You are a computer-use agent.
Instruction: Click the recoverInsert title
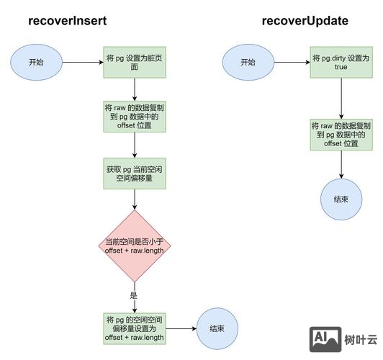point(68,20)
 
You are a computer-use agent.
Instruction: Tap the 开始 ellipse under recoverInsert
point(36,63)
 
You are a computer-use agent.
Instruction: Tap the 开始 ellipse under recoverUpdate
point(248,63)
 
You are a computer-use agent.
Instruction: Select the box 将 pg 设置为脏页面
point(135,63)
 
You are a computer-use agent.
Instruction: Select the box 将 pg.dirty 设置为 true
point(341,63)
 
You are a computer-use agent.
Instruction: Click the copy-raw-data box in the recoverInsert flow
point(135,116)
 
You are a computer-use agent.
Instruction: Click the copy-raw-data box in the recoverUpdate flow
point(341,135)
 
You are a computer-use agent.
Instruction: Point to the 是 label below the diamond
point(133,295)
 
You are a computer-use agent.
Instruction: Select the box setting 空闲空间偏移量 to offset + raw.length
point(135,328)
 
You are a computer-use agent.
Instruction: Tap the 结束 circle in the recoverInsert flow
point(217,328)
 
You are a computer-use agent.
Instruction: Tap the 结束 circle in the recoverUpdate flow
point(341,198)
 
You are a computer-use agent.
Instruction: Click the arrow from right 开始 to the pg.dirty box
point(292,63)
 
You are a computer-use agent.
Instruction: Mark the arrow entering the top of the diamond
point(135,201)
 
